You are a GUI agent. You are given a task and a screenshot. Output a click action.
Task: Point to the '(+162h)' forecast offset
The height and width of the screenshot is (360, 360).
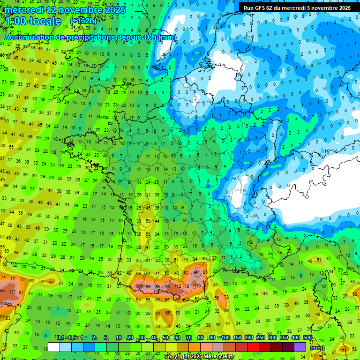(x=84, y=22)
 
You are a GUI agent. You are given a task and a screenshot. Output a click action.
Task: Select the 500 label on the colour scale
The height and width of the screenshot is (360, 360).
(x=307, y=338)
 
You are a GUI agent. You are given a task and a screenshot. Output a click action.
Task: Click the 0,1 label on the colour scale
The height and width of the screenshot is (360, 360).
(x=60, y=338)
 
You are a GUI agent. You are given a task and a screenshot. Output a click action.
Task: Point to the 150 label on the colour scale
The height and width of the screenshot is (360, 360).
(x=237, y=338)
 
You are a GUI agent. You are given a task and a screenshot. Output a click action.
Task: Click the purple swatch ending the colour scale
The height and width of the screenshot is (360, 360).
(x=300, y=347)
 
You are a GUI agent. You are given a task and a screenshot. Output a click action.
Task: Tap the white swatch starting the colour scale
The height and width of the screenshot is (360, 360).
(x=54, y=347)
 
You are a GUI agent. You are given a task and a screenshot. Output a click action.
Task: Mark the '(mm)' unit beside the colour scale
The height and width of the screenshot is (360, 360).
(x=317, y=348)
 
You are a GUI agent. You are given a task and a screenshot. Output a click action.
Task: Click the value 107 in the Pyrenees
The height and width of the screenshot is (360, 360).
(x=139, y=286)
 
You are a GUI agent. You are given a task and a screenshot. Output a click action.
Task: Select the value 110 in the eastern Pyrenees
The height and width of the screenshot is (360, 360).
(x=197, y=285)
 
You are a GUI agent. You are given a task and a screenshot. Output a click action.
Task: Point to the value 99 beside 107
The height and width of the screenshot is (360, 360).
(x=149, y=286)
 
